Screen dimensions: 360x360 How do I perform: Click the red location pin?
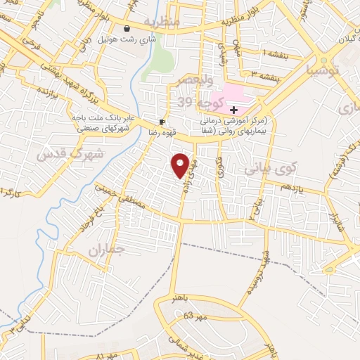[181, 165]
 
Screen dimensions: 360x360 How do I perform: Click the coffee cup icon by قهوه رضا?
[162, 121]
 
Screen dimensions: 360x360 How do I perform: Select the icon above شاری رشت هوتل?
[127, 29]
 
